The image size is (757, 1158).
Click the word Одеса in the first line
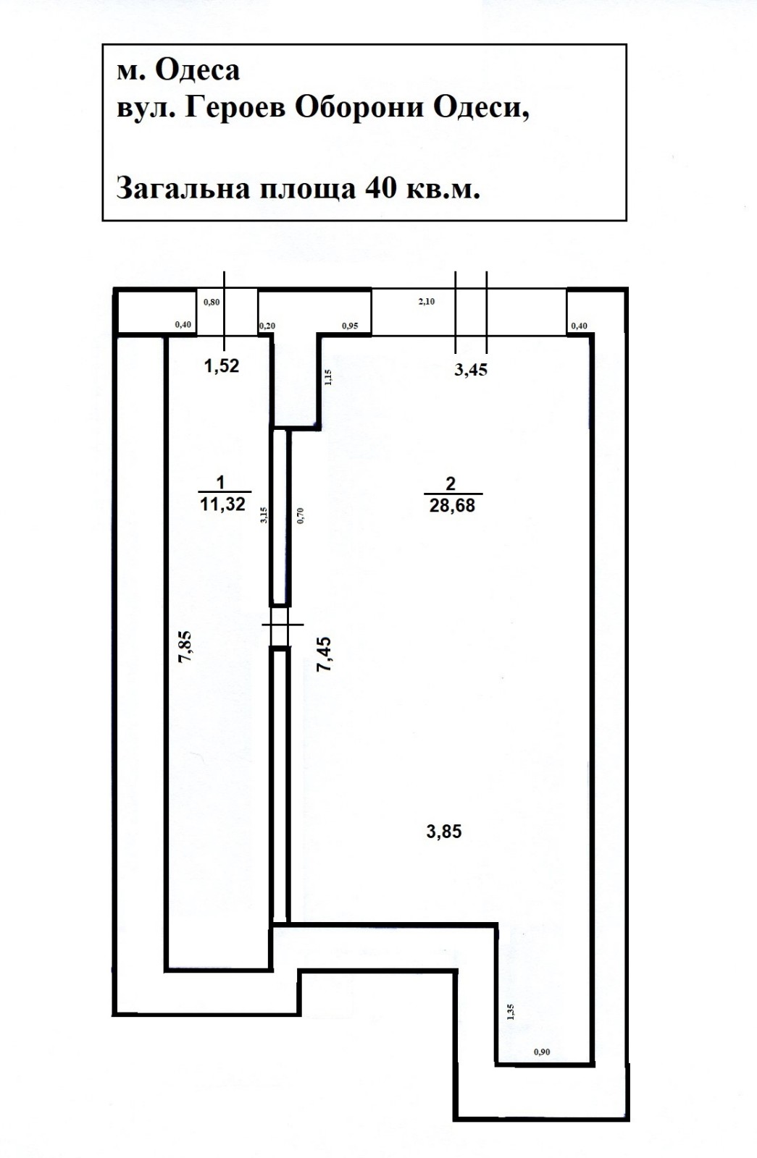197,71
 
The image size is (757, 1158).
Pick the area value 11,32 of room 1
222,504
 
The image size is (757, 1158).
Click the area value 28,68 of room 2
452,506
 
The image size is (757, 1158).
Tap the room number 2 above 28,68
451,484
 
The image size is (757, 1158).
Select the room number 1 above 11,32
221,483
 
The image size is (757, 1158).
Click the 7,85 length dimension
185,646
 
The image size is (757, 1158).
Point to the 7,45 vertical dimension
325,654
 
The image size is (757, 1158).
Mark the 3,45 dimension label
471,370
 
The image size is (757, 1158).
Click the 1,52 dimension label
222,366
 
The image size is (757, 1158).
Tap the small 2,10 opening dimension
427,302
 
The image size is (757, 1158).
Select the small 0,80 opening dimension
212,302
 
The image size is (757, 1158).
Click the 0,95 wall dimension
349,326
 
